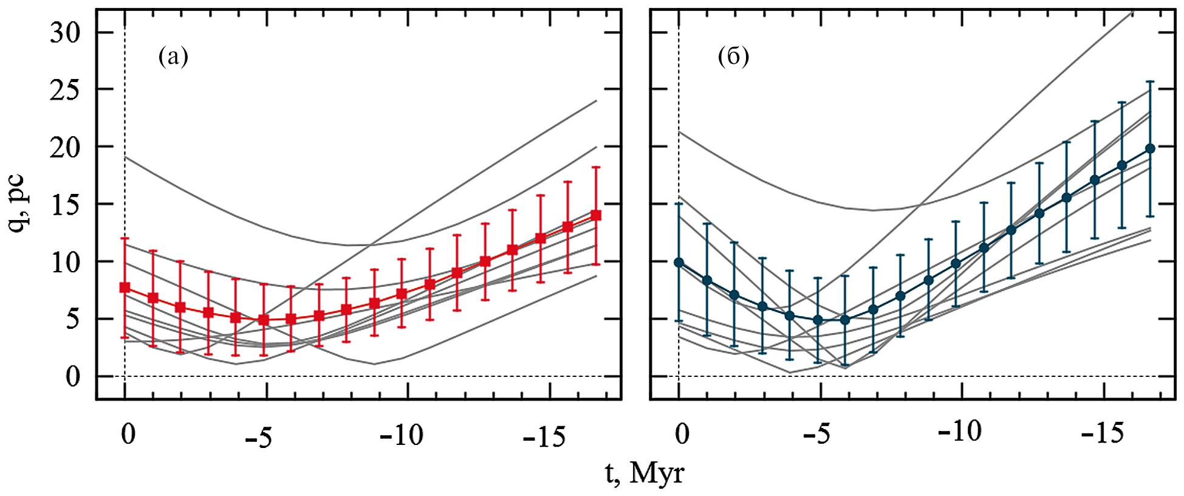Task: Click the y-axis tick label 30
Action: pyautogui.click(x=65, y=32)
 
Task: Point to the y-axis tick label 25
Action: pyautogui.click(x=65, y=89)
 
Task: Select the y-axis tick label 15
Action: pyautogui.click(x=65, y=204)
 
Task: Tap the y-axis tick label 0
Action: pyautogui.click(x=73, y=376)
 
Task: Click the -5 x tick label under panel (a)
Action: pyautogui.click(x=259, y=437)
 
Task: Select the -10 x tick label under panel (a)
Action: pyautogui.click(x=401, y=436)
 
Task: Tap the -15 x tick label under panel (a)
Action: pyautogui.click(x=544, y=436)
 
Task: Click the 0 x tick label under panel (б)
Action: pyautogui.click(x=682, y=433)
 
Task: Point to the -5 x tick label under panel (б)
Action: pyautogui.click(x=816, y=433)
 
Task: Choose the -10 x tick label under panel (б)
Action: pyautogui.click(x=959, y=432)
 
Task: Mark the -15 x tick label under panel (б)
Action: pyautogui.click(x=1102, y=433)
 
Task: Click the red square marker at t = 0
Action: pyautogui.click(x=125, y=288)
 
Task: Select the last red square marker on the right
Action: pyautogui.click(x=596, y=215)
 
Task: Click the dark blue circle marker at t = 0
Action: pyautogui.click(x=679, y=263)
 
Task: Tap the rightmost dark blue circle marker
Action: pyautogui.click(x=1150, y=148)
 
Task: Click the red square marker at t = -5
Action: pyautogui.click(x=264, y=320)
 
